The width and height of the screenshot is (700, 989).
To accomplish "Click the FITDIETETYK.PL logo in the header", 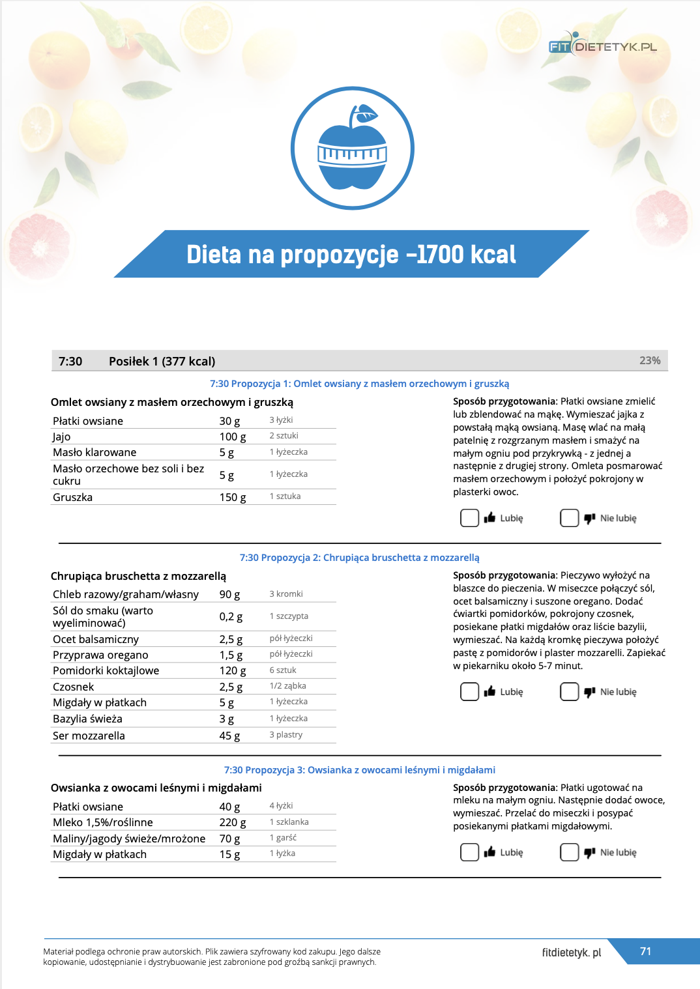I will [602, 46].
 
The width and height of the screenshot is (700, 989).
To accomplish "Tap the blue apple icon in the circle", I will [352, 149].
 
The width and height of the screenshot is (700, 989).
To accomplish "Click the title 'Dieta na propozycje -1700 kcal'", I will [351, 254].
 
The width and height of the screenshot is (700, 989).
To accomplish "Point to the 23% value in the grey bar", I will [650, 360].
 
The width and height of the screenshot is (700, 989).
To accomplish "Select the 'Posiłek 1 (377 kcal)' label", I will [162, 361].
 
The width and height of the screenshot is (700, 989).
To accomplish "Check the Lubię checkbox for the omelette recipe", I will [469, 518].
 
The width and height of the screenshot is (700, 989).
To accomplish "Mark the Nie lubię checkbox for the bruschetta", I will [569, 691].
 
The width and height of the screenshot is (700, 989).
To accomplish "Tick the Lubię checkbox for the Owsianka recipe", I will [469, 852].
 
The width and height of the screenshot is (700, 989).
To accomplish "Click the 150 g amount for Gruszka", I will [233, 497].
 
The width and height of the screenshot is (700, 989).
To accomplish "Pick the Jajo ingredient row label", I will [62, 437].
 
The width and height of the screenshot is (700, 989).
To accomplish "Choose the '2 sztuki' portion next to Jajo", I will [284, 436].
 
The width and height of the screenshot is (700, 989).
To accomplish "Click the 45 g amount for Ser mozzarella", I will [229, 736].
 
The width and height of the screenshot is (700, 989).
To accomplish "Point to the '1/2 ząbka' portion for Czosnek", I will [287, 686].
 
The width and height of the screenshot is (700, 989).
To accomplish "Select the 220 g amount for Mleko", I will [233, 822].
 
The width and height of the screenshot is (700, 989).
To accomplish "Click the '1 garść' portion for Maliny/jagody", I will [283, 838].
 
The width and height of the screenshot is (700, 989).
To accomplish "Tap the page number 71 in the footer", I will [645, 951].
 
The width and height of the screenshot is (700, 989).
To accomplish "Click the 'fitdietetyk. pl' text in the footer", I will [571, 953].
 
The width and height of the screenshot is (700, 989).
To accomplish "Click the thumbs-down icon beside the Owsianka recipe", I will [589, 852].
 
